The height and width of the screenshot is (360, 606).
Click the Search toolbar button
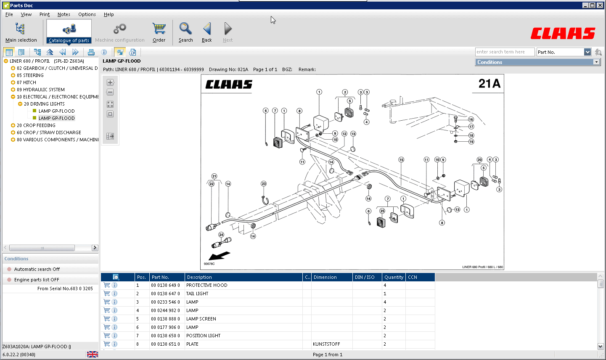(x=185, y=32)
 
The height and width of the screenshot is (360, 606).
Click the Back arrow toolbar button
(x=207, y=32)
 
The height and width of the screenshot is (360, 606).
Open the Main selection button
(x=21, y=32)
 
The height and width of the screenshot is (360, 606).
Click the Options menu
(x=87, y=14)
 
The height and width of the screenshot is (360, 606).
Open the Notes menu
(x=64, y=14)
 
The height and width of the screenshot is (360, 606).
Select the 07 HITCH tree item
(x=26, y=82)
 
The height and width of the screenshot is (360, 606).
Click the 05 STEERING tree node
(x=30, y=75)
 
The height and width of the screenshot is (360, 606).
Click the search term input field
(x=504, y=52)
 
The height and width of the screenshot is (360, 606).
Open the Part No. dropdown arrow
(x=587, y=52)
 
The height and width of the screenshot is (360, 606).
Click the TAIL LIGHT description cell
(x=197, y=294)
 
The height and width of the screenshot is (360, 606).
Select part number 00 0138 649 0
(x=165, y=285)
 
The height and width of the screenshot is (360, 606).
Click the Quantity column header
(x=394, y=277)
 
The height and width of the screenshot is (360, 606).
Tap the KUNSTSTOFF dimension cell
(x=326, y=344)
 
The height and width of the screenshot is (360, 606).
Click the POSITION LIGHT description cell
(x=203, y=336)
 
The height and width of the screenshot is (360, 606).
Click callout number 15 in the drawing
(x=401, y=160)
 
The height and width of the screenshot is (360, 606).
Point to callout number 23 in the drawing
(x=264, y=184)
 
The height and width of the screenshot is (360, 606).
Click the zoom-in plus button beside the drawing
(x=110, y=82)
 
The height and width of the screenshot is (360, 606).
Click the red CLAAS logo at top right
(x=563, y=34)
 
